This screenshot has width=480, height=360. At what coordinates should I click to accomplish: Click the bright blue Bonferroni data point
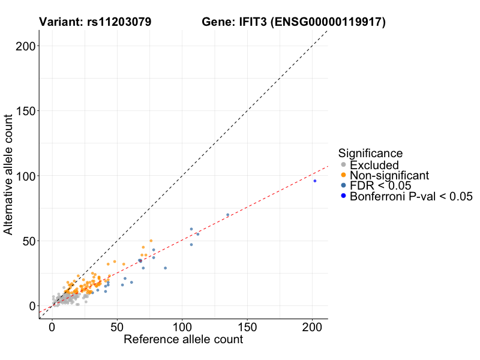(314, 181)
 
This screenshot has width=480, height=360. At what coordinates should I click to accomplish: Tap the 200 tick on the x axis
(312, 329)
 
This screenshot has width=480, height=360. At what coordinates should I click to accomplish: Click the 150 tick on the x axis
(247, 329)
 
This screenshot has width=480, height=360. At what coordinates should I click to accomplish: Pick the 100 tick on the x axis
(182, 329)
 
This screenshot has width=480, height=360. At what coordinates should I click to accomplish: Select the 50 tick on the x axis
(117, 329)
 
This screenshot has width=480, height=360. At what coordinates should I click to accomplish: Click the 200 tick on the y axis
(23, 46)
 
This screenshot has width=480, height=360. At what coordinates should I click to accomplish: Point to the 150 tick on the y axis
(23, 110)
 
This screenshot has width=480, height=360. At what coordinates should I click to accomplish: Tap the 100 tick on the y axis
(23, 176)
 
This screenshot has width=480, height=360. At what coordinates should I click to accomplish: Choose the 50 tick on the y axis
(27, 241)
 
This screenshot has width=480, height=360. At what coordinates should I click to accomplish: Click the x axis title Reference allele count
(183, 340)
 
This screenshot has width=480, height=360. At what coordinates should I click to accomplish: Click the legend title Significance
(370, 153)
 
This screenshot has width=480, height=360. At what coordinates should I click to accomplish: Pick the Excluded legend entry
(374, 165)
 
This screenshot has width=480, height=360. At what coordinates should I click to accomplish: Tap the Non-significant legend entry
(389, 175)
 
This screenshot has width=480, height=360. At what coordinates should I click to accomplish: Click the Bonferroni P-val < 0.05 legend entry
(411, 196)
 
